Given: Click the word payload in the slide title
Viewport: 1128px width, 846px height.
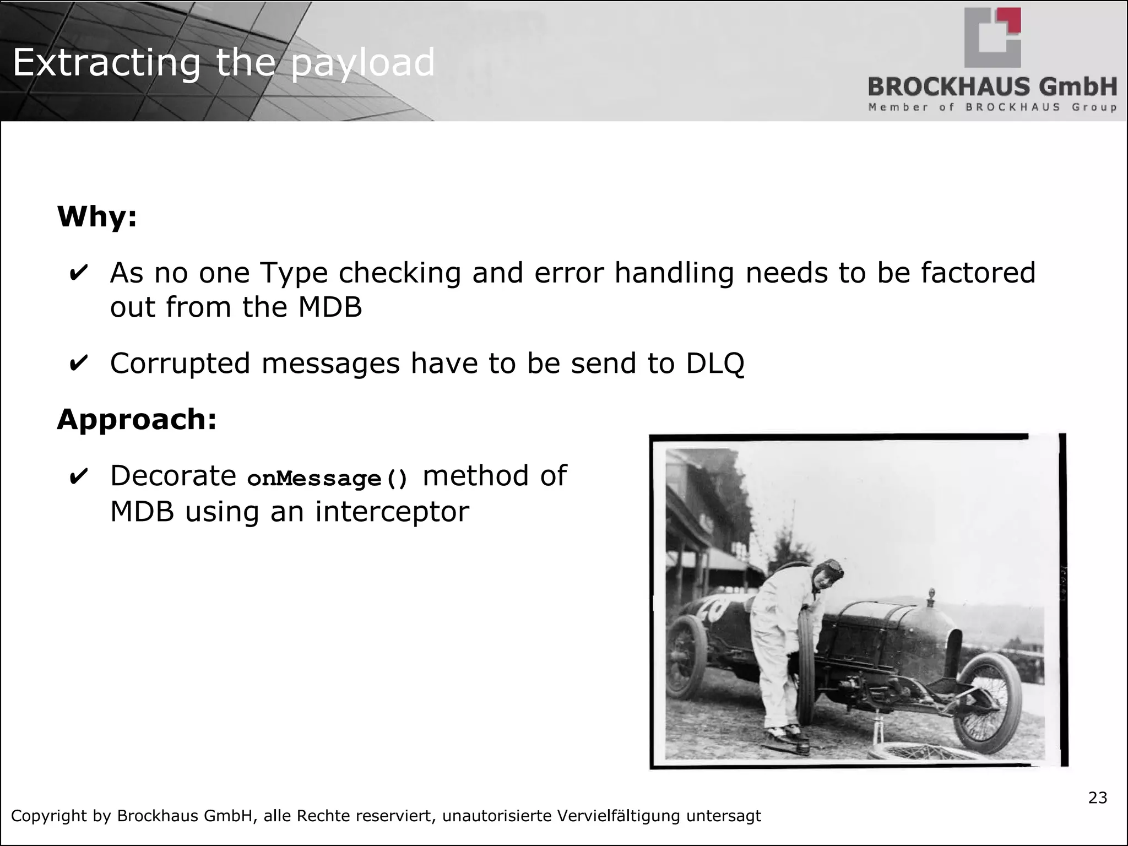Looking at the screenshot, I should coord(362,63).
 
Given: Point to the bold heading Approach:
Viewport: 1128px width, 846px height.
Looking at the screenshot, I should coord(137,419).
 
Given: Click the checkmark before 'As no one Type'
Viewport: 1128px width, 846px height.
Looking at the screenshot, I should coord(78,273).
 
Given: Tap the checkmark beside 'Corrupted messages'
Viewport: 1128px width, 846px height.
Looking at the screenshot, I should coord(78,363).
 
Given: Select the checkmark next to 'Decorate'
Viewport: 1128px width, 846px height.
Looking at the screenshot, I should coord(78,476).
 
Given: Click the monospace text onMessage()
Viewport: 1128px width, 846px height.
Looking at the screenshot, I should coord(328,478).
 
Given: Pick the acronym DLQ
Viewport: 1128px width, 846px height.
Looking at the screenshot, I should coord(715,363).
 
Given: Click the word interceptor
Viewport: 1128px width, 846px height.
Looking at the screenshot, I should coord(392,511).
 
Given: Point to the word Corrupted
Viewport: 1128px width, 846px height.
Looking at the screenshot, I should coord(180,363).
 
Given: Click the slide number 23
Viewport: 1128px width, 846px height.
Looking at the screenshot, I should coord(1097,798).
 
